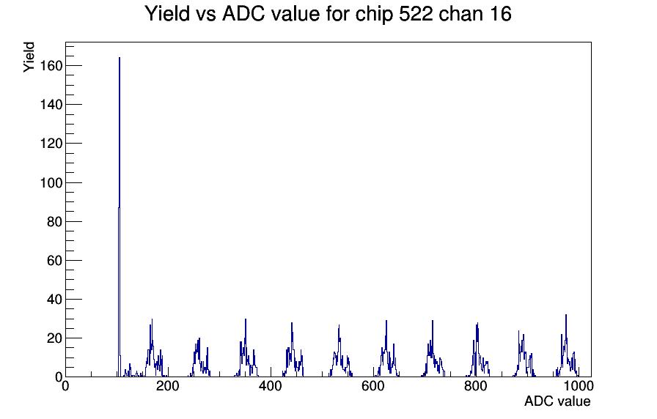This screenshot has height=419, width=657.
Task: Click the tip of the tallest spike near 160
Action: [x=120, y=58]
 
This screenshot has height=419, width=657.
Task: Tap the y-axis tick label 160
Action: [x=51, y=66]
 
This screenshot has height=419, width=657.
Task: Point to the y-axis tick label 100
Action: [x=51, y=183]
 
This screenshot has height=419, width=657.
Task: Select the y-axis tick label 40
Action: [x=54, y=300]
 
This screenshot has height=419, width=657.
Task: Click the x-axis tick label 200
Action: [x=168, y=386]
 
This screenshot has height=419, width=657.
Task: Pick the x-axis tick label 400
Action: [x=271, y=386]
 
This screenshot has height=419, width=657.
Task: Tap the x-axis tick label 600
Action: [x=373, y=386]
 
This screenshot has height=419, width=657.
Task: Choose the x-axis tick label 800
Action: [x=476, y=386]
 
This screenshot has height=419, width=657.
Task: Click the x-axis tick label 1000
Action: [x=579, y=386]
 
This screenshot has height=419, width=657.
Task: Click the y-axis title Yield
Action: [x=29, y=57]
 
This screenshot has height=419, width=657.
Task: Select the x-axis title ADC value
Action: [x=557, y=401]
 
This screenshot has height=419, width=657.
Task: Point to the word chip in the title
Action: [x=374, y=15]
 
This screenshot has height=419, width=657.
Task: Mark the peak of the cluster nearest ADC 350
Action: [x=246, y=319]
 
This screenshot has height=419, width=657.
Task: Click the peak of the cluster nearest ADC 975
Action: [x=566, y=315]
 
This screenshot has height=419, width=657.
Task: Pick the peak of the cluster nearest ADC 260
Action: [x=199, y=338]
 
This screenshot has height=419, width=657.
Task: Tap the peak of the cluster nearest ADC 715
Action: [x=433, y=321]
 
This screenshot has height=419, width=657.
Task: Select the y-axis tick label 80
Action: [x=54, y=222]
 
